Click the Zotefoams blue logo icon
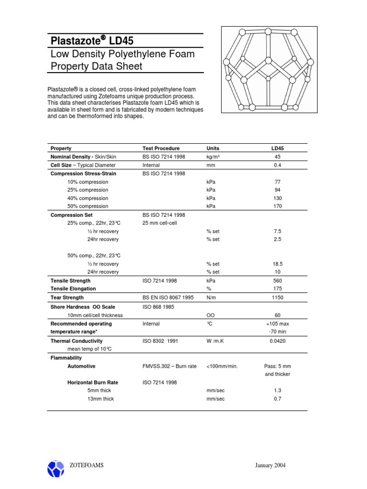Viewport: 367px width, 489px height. click(55, 468)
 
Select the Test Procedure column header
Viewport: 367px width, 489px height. click(161, 149)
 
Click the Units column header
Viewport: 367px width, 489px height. click(213, 149)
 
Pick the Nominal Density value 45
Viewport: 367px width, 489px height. click(278, 157)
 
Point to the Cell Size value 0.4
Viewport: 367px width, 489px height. click(278, 165)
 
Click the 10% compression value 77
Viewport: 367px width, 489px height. click(278, 182)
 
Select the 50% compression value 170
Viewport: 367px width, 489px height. click(278, 206)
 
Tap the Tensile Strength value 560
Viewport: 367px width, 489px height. click(278, 281)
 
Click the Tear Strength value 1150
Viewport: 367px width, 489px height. click(278, 298)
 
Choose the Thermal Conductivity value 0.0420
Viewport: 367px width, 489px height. click(278, 341)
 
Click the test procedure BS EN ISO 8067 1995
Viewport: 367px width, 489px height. click(168, 298)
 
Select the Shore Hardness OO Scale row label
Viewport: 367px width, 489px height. click(83, 307)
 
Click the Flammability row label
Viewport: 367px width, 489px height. click(66, 358)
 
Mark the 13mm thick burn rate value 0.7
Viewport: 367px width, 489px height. click(278, 399)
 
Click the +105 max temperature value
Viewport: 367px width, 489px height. click(278, 324)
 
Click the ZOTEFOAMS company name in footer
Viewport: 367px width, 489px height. click(86, 466)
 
